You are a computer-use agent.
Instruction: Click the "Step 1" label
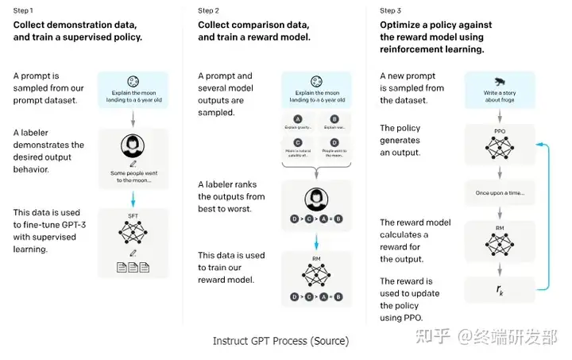[x=25, y=10]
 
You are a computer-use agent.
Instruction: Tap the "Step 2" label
[x=209, y=10]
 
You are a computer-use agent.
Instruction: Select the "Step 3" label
[x=392, y=10]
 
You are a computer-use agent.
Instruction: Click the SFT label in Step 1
[x=133, y=216]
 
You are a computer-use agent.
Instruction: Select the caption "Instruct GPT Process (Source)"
[x=280, y=341]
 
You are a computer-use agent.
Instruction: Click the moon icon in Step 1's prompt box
[x=133, y=81]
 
